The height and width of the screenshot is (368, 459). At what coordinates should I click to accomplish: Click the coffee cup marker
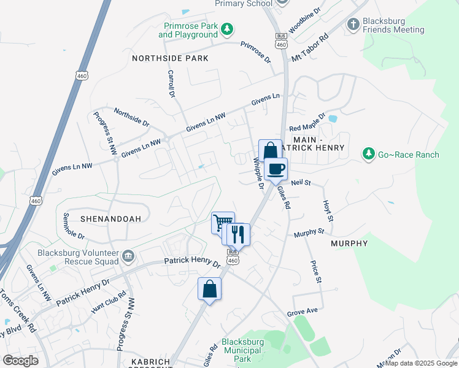pos(276,169)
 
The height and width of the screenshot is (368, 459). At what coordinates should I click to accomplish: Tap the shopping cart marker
pos(222,221)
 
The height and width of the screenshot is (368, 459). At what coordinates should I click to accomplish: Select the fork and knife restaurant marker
pos(237,234)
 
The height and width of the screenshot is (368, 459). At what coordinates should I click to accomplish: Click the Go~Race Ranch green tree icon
pos(368,154)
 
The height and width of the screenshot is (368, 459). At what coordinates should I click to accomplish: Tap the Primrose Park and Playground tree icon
pos(227,29)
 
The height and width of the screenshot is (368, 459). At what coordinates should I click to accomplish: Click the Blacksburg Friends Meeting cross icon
pos(353,24)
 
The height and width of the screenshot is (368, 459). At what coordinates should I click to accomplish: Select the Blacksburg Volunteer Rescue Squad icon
pos(128,255)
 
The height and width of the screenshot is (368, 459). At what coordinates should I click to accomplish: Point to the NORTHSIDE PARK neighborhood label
pos(171,58)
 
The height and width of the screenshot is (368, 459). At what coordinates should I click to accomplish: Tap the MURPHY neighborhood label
pos(349,243)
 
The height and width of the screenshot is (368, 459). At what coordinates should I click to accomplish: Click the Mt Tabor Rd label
pos(310,47)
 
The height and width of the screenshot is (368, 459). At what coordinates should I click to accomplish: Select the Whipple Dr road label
pos(258,173)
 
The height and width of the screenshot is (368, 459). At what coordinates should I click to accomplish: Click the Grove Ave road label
pos(302,312)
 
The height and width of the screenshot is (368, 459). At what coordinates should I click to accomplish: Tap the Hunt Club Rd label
pos(109,302)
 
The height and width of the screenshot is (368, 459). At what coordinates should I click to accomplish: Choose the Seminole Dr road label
pos(74,226)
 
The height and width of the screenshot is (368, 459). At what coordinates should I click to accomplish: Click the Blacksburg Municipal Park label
pos(242,350)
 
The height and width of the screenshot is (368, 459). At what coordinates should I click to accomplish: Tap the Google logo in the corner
pos(20,360)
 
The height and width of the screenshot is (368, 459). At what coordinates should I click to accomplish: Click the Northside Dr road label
pos(131,118)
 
